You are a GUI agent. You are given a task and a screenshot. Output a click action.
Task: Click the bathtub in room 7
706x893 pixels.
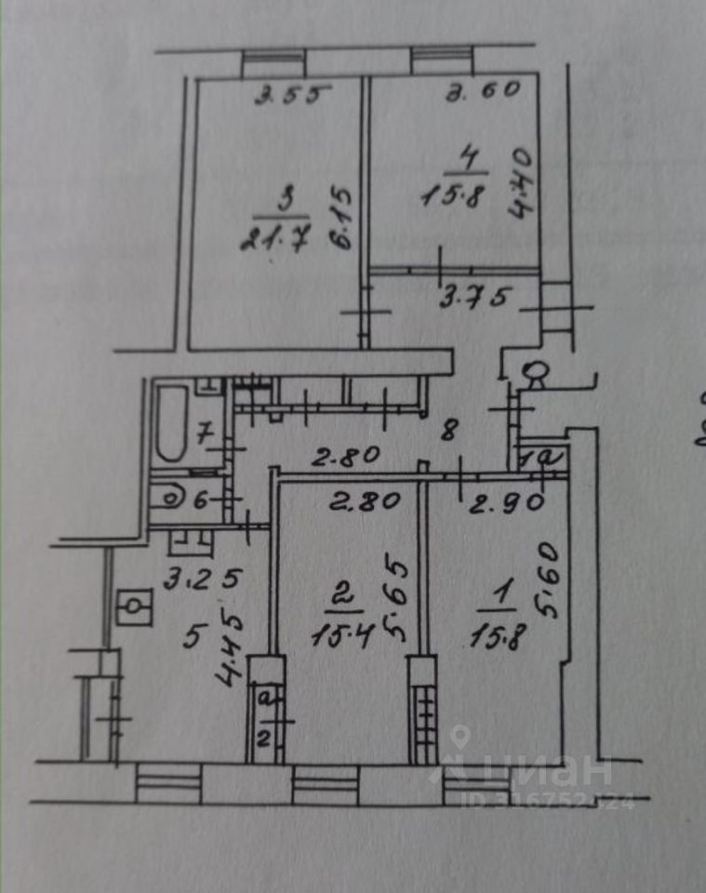tap(171, 424)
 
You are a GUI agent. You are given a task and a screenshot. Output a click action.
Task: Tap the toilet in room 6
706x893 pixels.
tap(173, 498)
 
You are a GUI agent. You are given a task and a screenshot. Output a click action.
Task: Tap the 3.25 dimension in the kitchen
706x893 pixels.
tap(203, 578)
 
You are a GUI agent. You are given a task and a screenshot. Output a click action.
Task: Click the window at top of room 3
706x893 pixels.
tap(273, 63)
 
